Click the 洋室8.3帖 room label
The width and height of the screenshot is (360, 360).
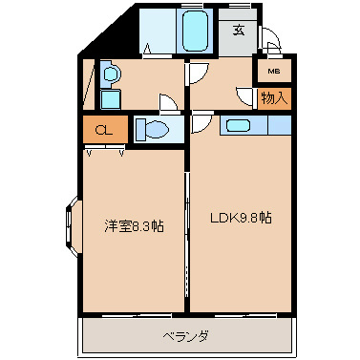[133, 226]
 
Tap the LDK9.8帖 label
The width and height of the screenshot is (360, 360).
[241, 217]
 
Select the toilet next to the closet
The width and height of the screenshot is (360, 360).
[154, 130]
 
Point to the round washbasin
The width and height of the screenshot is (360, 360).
[111, 74]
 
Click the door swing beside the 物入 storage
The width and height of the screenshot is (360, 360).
[244, 96]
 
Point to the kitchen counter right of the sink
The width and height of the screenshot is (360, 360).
[279, 125]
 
